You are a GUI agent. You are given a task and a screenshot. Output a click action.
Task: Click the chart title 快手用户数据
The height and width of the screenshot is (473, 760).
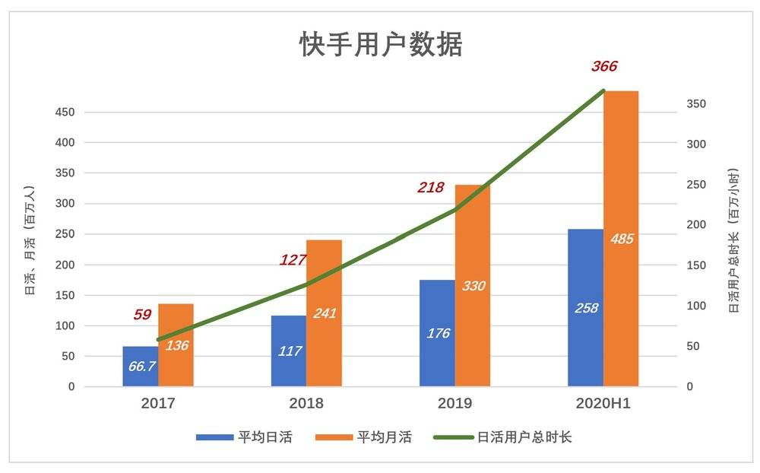381,45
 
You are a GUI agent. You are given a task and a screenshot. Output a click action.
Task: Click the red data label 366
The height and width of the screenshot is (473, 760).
604,66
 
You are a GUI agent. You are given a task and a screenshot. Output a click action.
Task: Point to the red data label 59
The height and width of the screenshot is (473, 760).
142,314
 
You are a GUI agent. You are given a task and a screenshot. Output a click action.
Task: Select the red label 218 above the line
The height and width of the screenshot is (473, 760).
431,186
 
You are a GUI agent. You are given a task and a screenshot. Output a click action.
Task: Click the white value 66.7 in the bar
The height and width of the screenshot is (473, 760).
141,366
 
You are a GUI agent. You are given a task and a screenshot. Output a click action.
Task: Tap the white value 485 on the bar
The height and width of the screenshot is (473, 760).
621,239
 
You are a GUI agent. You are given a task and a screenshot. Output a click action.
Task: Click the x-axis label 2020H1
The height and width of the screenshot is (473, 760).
603,404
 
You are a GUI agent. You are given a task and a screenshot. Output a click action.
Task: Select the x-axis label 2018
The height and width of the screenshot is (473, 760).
306,404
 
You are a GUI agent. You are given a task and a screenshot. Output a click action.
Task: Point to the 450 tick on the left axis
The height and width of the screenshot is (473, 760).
65,113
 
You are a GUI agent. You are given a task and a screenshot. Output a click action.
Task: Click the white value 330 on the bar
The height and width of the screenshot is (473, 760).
473,286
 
